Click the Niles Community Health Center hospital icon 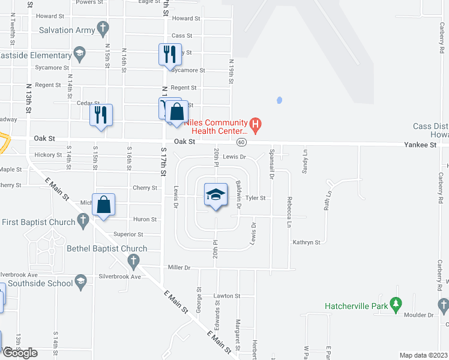coord(256,125)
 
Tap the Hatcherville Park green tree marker coord(396,305)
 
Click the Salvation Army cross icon coord(103,28)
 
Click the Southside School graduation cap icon coord(80,283)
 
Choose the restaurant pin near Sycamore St coord(170,55)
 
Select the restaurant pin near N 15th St coord(101,114)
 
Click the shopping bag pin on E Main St coord(104,204)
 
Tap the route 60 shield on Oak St coord(241,142)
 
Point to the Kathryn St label coord(306,242)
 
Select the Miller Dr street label coord(179,268)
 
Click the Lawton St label coord(227,296)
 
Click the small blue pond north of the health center coord(279,100)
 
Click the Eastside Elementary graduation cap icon coord(79,55)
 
